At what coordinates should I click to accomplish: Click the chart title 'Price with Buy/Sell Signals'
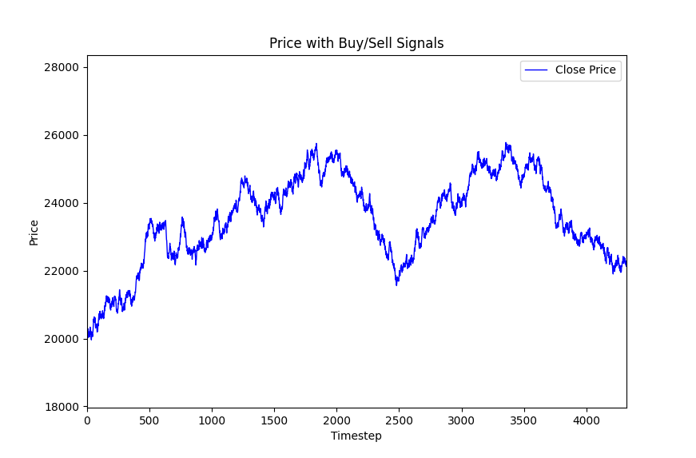click(x=356, y=43)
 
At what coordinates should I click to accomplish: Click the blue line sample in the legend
click(x=537, y=70)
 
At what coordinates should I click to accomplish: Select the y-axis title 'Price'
click(x=34, y=232)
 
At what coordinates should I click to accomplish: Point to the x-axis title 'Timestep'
click(x=356, y=436)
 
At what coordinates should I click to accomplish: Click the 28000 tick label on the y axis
click(x=61, y=67)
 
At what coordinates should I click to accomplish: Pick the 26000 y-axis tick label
click(x=61, y=135)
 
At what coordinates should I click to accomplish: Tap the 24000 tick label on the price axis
click(x=61, y=203)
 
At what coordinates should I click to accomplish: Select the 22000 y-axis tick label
click(x=61, y=271)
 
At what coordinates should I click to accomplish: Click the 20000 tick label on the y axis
click(x=61, y=339)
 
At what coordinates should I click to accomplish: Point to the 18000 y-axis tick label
click(x=61, y=407)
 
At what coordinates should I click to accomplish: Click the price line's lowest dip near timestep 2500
click(x=396, y=285)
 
